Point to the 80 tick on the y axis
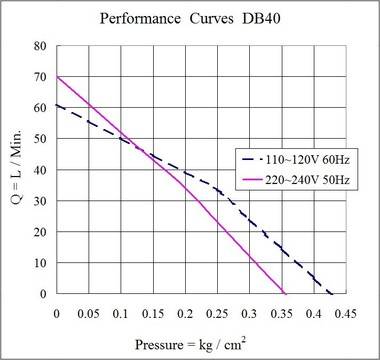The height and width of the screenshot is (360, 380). [41, 46]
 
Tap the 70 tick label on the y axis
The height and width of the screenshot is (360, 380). [41, 77]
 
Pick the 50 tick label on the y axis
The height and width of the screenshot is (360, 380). [41, 139]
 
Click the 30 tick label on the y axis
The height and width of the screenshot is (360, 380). [41, 201]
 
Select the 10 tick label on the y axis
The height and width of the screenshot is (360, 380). [41, 263]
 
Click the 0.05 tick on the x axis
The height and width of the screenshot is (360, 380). [89, 312]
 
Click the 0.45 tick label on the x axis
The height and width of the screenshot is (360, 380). [346, 312]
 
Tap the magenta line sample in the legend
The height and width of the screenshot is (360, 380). [254, 177]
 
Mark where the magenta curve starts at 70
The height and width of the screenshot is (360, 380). [57, 77]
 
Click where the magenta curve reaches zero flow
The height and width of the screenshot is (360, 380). [286, 294]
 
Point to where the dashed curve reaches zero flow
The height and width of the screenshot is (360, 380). [332, 294]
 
